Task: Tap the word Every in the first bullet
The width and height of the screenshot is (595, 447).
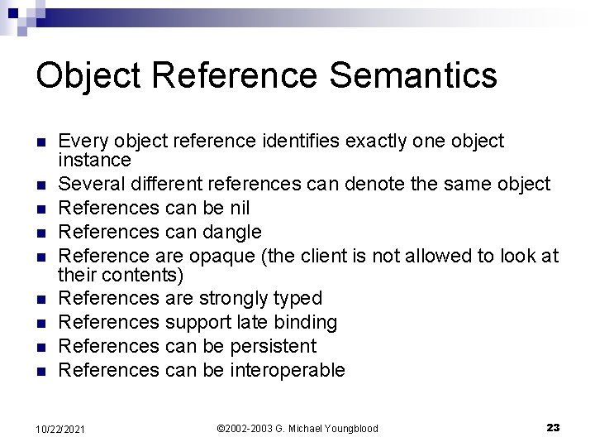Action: tap(81, 142)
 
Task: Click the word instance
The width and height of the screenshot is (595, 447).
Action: tap(95, 159)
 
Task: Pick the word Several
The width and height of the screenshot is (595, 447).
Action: tap(93, 184)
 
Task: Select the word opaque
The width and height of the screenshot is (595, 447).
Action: tap(217, 256)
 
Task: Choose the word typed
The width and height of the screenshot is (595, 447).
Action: tap(296, 297)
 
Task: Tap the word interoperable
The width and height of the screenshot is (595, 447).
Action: tap(286, 369)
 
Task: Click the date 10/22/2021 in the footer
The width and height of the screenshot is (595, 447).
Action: tap(59, 428)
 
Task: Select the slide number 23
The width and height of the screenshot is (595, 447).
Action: tap(553, 427)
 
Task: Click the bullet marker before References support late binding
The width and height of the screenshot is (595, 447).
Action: tap(41, 322)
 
